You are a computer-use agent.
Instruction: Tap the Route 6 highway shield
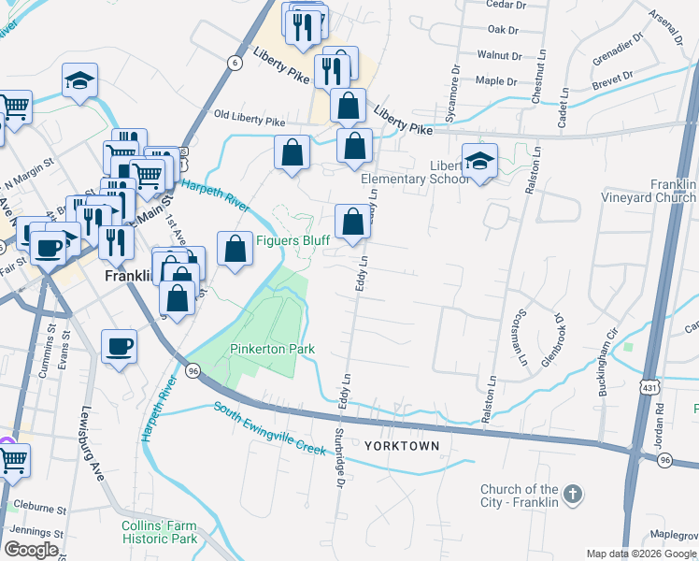tap(234, 62)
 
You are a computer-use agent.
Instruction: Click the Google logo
tap(31, 549)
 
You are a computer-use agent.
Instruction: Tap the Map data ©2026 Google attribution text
tap(640, 554)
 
